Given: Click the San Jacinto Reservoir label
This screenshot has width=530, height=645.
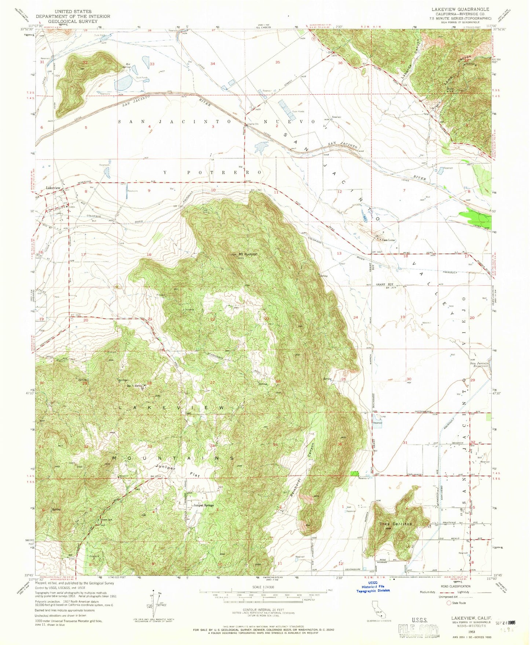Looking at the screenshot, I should [480, 365].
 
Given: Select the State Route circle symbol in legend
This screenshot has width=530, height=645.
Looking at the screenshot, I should [449, 603].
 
